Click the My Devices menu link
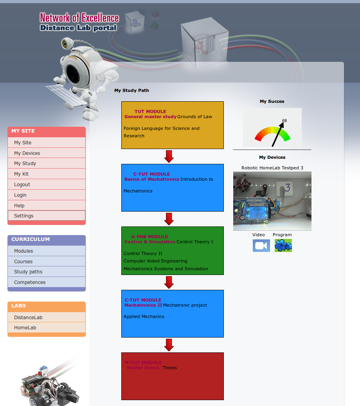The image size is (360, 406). [27, 153]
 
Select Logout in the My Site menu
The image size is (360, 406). [22, 185]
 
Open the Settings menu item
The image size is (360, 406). [24, 216]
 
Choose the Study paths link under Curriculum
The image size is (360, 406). [28, 272]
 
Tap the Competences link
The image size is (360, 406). [30, 282]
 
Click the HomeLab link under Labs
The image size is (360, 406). [25, 328]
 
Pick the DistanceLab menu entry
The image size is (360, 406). [28, 318]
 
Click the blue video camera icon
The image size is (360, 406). [261, 246]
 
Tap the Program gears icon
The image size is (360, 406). [283, 246]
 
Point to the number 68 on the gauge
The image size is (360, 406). [284, 120]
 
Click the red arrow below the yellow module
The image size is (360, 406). [169, 156]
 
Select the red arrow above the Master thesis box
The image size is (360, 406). [169, 345]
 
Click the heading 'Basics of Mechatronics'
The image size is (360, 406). [151, 179]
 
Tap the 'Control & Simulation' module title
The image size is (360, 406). [150, 242]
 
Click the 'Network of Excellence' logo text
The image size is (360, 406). [79, 18]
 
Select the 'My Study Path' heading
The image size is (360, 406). [131, 91]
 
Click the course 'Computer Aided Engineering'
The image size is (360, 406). [155, 261]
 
